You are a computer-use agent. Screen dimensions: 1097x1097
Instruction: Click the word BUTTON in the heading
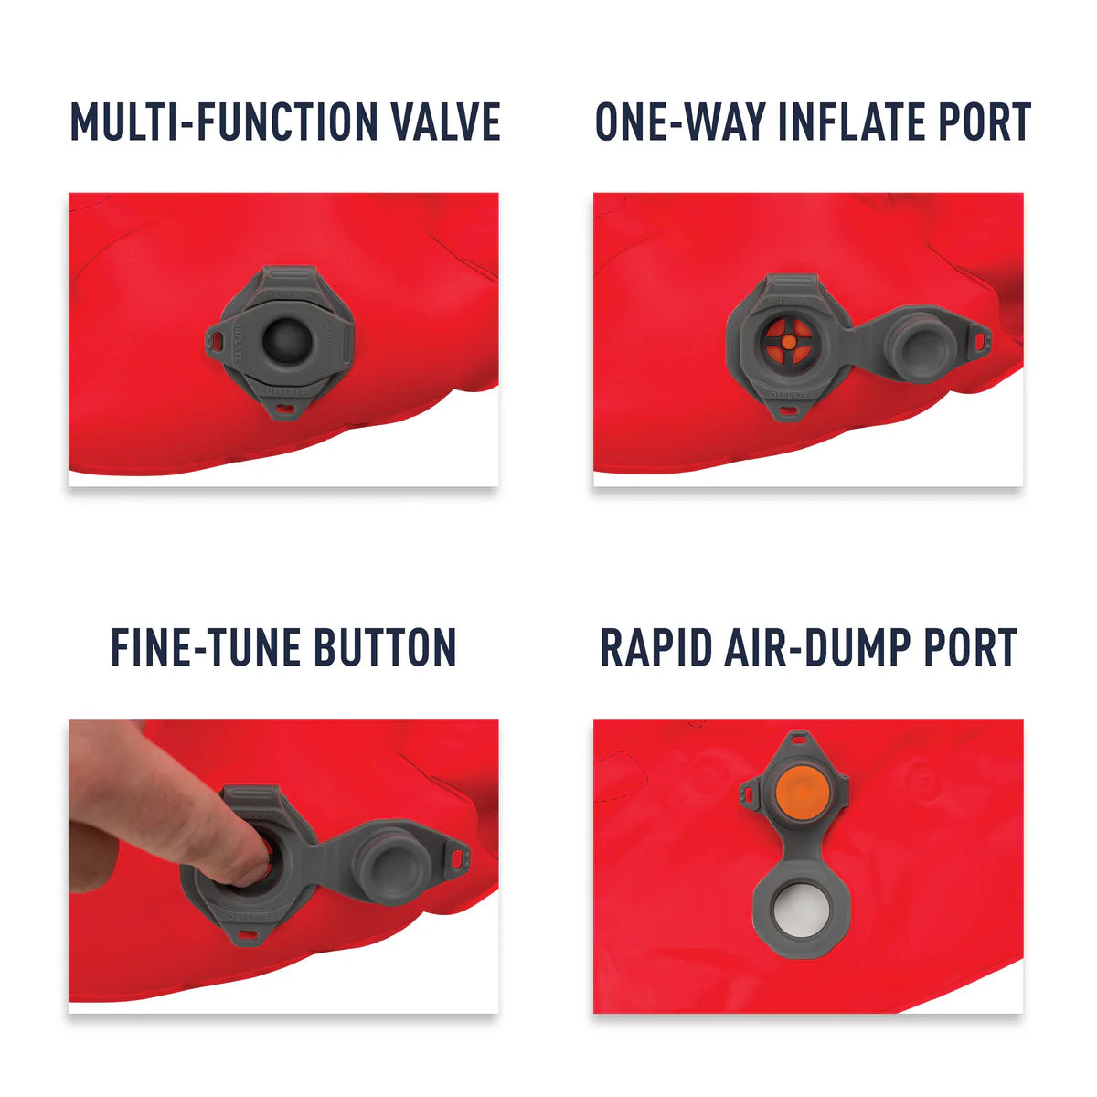[385, 647]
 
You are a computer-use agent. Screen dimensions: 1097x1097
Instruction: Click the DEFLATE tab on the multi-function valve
[285, 393]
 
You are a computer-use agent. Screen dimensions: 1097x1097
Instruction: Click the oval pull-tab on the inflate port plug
[981, 340]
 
